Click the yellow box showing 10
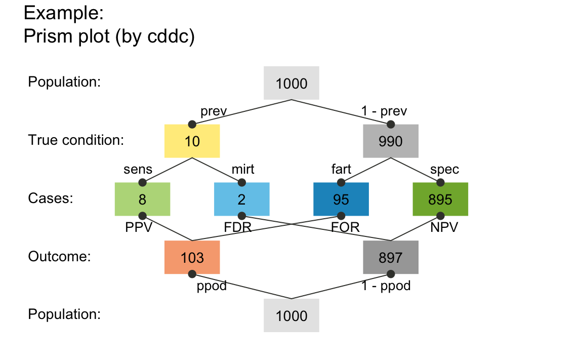coord(192,141)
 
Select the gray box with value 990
coord(391,141)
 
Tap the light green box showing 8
coord(142,199)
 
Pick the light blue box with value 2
coord(241,199)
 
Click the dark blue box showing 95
coord(341,199)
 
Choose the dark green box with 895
coord(440,199)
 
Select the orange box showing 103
coord(192,257)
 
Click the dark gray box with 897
coord(391,257)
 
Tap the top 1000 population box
coord(291,83)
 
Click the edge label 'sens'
coord(138,169)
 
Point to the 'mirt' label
coord(243,169)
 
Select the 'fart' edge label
coord(341,169)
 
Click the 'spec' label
coord(444,169)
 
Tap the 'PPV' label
coord(139,227)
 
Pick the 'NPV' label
coord(444,227)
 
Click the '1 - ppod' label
coord(386,286)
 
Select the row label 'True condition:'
coord(76,140)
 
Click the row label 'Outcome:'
coord(59,257)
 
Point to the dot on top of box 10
coord(192,125)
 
